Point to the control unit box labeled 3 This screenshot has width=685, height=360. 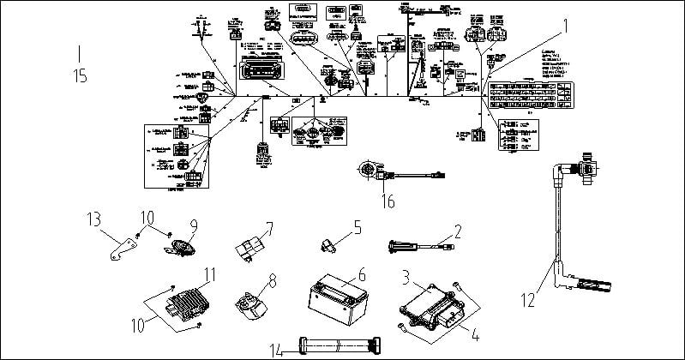pyautogui.click(x=429, y=301)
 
